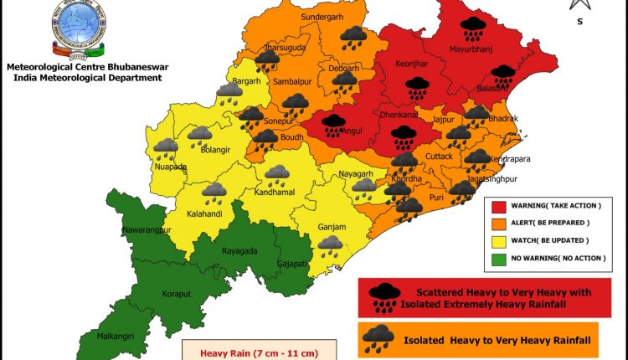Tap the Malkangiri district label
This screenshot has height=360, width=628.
point(115,338)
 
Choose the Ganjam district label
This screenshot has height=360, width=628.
point(332,227)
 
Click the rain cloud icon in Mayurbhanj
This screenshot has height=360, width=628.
point(475,28)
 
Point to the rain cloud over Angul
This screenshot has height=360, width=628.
point(333,125)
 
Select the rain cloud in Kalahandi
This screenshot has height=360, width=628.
point(214,193)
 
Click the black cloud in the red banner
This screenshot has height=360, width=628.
point(384,295)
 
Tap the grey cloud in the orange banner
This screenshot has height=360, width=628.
point(378,338)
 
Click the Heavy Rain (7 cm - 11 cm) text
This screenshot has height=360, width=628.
point(260,352)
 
